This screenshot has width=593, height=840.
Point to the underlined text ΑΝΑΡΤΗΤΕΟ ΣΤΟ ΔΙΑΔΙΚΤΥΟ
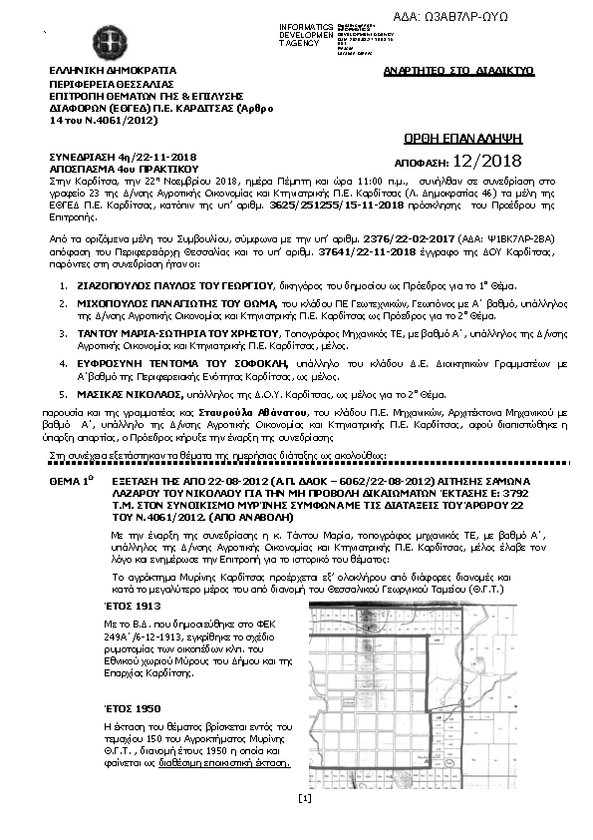[459, 72]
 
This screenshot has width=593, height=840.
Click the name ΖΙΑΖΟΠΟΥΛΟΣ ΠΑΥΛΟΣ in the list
[131, 284]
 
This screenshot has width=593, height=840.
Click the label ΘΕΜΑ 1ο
[71, 481]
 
